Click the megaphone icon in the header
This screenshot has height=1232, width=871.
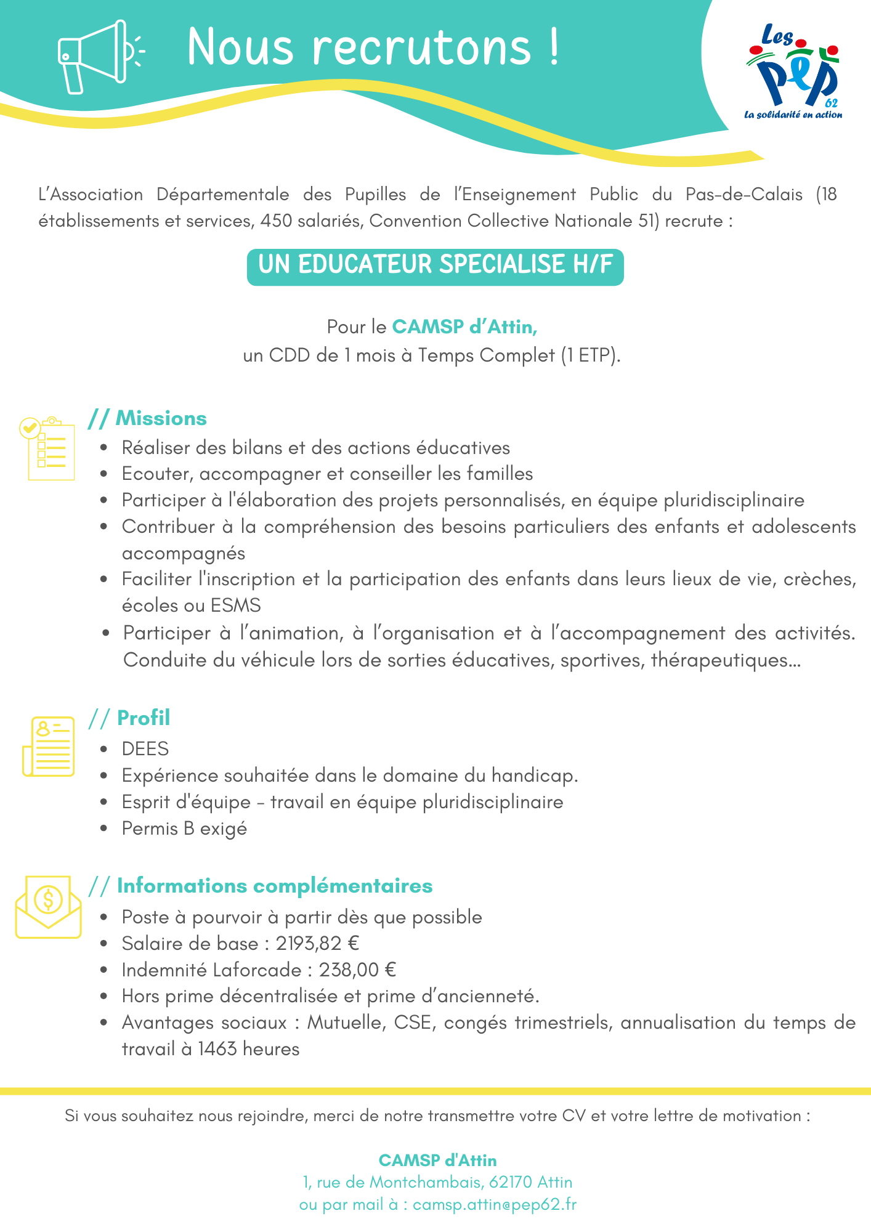99,57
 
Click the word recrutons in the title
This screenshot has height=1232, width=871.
421,47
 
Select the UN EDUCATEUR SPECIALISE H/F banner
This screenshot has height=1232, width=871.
435,266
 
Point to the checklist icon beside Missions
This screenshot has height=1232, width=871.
48,448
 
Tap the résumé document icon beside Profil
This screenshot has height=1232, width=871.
49,746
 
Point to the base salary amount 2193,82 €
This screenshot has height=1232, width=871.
317,944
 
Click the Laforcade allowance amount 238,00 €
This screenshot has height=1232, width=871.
357,970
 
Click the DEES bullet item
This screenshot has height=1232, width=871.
145,749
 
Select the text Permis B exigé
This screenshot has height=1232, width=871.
184,829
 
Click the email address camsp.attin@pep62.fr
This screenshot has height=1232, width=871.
494,1204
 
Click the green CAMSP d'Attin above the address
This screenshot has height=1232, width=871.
437,1161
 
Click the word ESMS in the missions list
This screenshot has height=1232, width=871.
235,606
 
